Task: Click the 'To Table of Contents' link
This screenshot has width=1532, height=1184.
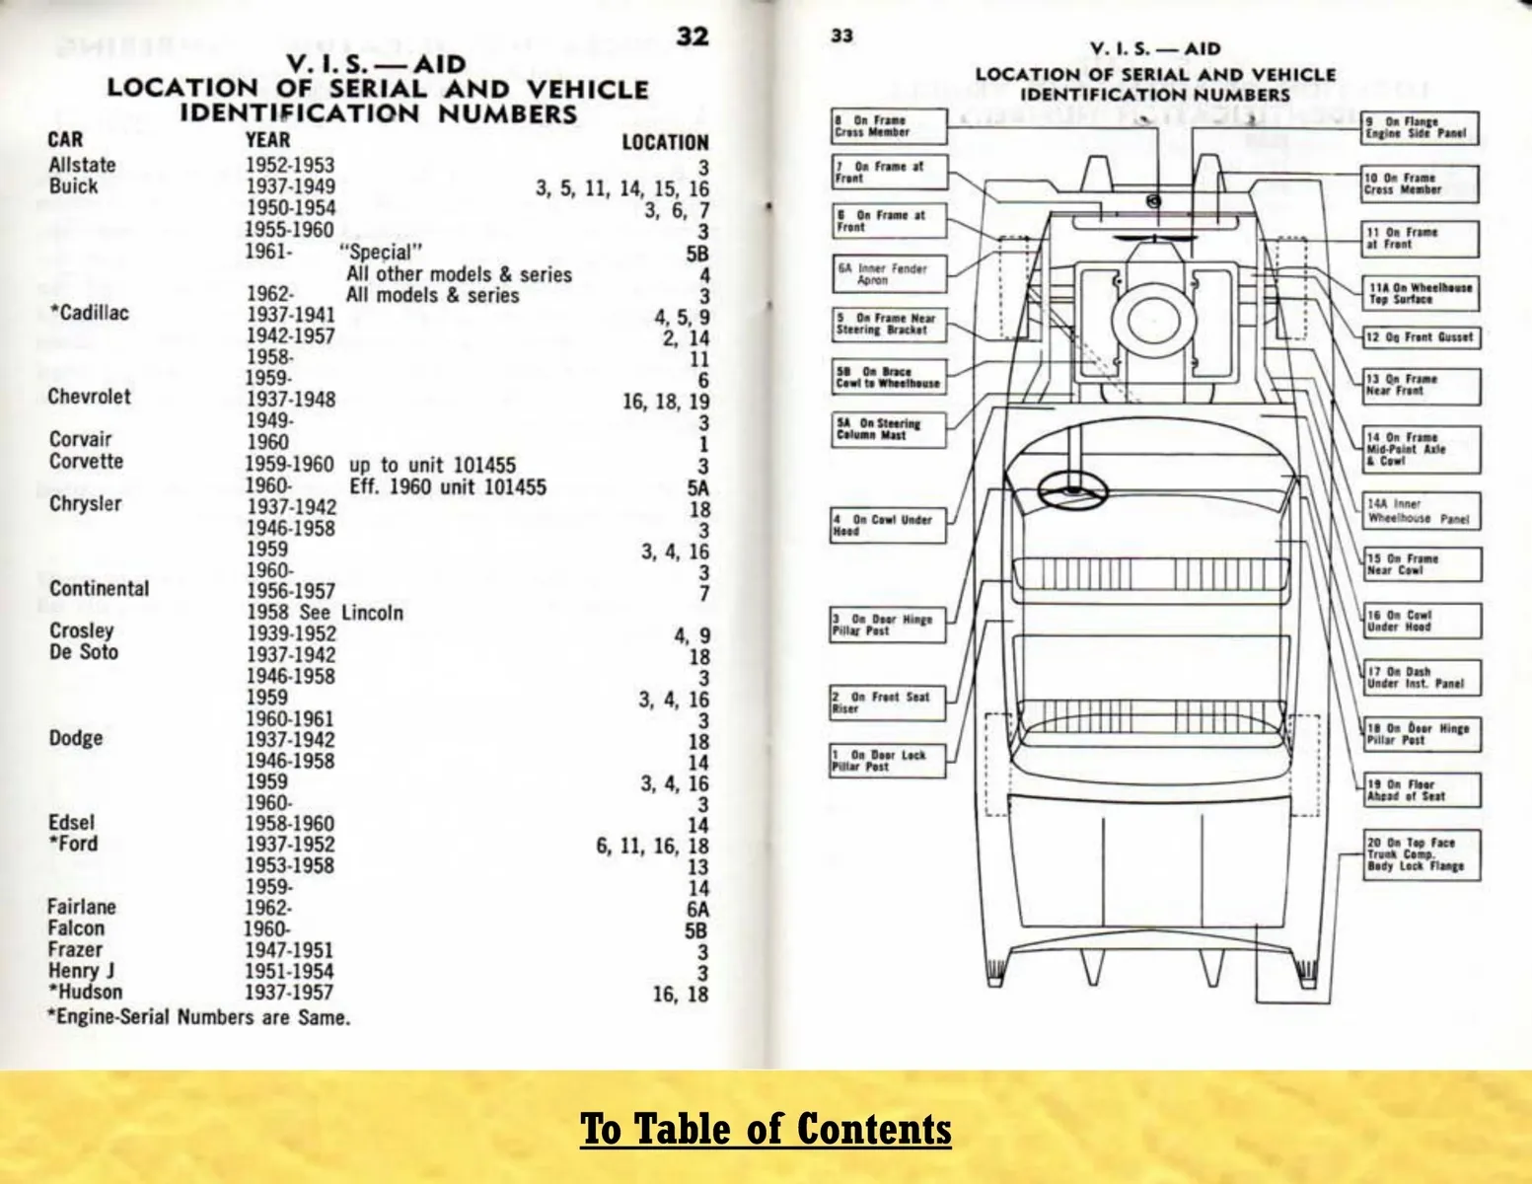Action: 765,1129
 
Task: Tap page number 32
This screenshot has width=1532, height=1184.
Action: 692,36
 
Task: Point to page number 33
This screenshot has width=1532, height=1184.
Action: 841,36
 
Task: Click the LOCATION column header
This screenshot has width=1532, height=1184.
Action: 665,142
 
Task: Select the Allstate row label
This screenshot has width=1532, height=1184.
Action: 82,165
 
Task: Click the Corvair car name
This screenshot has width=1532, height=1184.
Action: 80,439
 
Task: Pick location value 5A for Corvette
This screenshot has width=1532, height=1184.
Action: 697,488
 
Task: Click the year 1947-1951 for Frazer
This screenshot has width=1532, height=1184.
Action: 289,950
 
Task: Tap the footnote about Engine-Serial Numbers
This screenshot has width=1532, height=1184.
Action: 198,1017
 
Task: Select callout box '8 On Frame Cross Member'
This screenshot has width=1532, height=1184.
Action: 889,126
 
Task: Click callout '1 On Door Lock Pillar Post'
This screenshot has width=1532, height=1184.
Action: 887,761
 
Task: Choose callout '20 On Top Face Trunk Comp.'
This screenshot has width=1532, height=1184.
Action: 1422,854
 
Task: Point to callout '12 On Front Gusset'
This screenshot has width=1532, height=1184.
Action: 1422,337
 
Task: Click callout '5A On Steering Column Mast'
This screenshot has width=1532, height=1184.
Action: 888,429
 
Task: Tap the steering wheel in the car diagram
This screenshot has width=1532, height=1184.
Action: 1072,490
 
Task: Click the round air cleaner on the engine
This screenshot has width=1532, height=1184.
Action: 1153,320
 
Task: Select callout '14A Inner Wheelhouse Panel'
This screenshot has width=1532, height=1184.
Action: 1421,511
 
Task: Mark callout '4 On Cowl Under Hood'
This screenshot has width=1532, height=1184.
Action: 888,525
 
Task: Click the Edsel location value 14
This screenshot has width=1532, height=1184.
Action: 698,825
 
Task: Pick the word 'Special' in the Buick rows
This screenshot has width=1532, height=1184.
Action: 381,253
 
